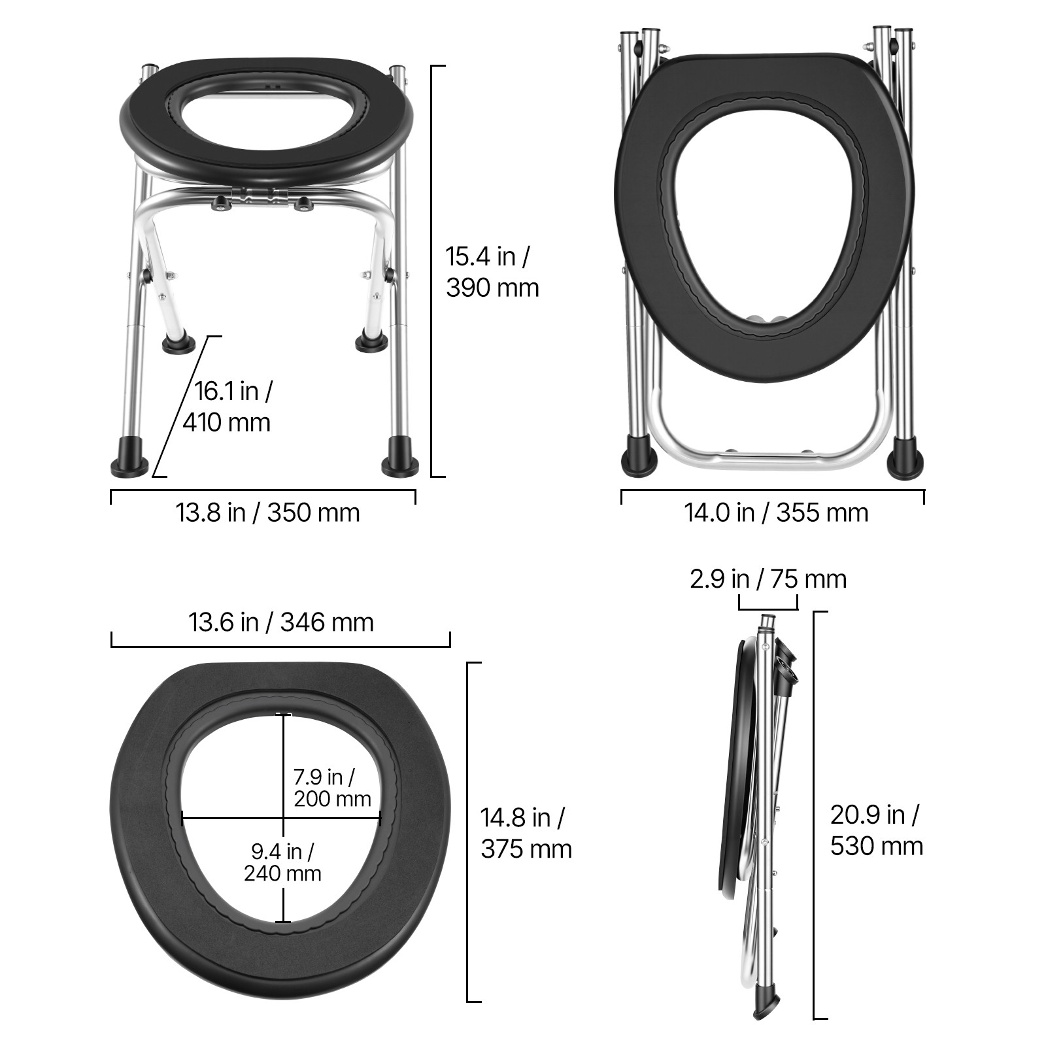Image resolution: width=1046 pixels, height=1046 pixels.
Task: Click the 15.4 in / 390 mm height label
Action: (492, 272)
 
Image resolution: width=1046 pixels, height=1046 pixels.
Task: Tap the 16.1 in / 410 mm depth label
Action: (227, 407)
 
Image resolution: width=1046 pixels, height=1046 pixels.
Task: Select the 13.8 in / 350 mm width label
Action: (267, 513)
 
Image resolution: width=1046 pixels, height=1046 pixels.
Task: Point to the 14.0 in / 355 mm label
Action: (776, 513)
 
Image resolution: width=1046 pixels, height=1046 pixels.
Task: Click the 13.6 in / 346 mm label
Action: (281, 622)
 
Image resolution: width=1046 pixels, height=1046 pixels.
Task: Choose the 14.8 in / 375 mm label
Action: (526, 833)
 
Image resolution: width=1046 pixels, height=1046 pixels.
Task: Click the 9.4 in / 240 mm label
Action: (282, 862)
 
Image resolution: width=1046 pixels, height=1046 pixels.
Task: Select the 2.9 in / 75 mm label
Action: (768, 579)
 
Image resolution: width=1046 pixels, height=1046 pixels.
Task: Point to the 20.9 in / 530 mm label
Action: (877, 830)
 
